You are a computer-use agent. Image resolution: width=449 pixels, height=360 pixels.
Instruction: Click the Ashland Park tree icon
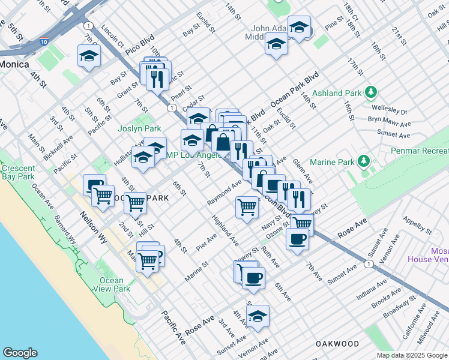pos(371,93)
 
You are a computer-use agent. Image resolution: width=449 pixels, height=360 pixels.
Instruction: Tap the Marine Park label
pos(333,162)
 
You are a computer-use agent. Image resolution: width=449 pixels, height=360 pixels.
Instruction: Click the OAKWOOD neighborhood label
pos(337,344)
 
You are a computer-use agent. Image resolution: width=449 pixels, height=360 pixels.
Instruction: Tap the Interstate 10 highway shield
pos(44,41)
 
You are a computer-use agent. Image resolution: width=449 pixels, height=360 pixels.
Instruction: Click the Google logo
pos(20,353)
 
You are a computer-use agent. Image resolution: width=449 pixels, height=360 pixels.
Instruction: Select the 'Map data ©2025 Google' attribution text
pos(411,355)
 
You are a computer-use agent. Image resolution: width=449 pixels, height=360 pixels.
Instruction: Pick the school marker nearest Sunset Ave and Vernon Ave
pos(258,316)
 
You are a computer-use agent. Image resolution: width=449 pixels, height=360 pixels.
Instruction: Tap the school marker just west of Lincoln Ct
pos(89,56)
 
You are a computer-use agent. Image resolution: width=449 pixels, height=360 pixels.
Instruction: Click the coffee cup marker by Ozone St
pos(297,239)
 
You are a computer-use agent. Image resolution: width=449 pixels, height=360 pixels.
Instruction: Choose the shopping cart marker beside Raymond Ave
pos(247,208)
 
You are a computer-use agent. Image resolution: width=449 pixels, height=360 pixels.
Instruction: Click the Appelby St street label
pos(417,225)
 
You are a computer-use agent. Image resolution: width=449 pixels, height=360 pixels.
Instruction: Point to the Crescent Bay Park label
pos(17,173)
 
